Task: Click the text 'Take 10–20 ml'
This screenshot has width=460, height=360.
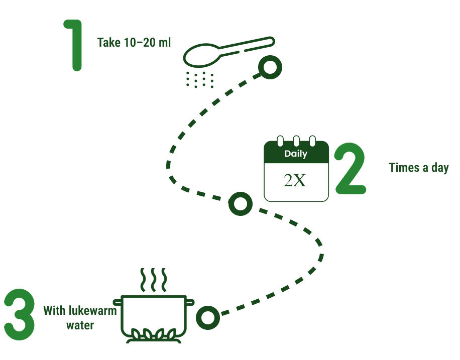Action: tap(134, 42)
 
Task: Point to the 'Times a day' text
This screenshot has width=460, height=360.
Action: tap(418, 168)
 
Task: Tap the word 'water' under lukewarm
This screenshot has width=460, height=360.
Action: tap(80, 325)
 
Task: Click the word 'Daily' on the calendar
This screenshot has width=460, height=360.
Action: tap(296, 154)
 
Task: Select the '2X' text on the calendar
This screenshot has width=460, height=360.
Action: tap(295, 180)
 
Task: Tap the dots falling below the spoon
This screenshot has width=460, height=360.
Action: tap(199, 79)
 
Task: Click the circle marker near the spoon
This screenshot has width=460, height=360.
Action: tap(270, 67)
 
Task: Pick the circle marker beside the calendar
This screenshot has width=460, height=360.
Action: tap(241, 204)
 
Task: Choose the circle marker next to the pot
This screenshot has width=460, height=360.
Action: tap(207, 318)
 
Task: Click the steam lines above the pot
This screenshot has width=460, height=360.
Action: tap(153, 279)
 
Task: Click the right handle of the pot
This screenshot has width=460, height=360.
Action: tap(190, 302)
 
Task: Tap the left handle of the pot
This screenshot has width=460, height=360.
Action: tap(118, 302)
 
